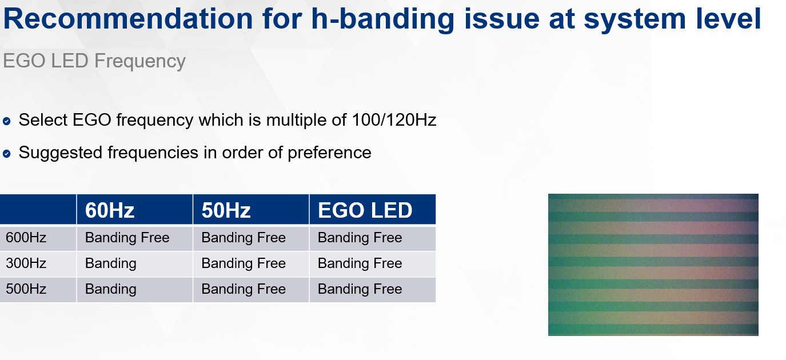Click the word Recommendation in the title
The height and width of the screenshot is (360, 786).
[x=128, y=19]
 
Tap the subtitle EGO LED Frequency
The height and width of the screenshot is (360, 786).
[x=94, y=61]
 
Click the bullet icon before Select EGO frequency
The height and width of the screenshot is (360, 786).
[x=7, y=121]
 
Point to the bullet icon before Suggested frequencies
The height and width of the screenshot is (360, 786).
[x=7, y=153]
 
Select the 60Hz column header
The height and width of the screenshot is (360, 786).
[x=110, y=210]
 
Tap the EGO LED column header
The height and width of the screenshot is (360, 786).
[x=365, y=210]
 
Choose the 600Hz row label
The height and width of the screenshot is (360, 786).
[x=26, y=238]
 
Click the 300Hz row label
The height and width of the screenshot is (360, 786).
[x=26, y=263]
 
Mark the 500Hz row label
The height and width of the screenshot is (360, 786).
[x=26, y=289]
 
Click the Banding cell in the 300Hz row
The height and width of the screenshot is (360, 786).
[x=111, y=263]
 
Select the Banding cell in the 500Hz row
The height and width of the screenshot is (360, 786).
[x=111, y=289]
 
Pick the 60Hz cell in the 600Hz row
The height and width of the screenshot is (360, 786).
[x=127, y=238]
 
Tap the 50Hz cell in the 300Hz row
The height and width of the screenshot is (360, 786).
[x=244, y=263]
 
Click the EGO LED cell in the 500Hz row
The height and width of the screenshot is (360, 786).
[x=360, y=289]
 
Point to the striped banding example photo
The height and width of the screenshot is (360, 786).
[x=653, y=265]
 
